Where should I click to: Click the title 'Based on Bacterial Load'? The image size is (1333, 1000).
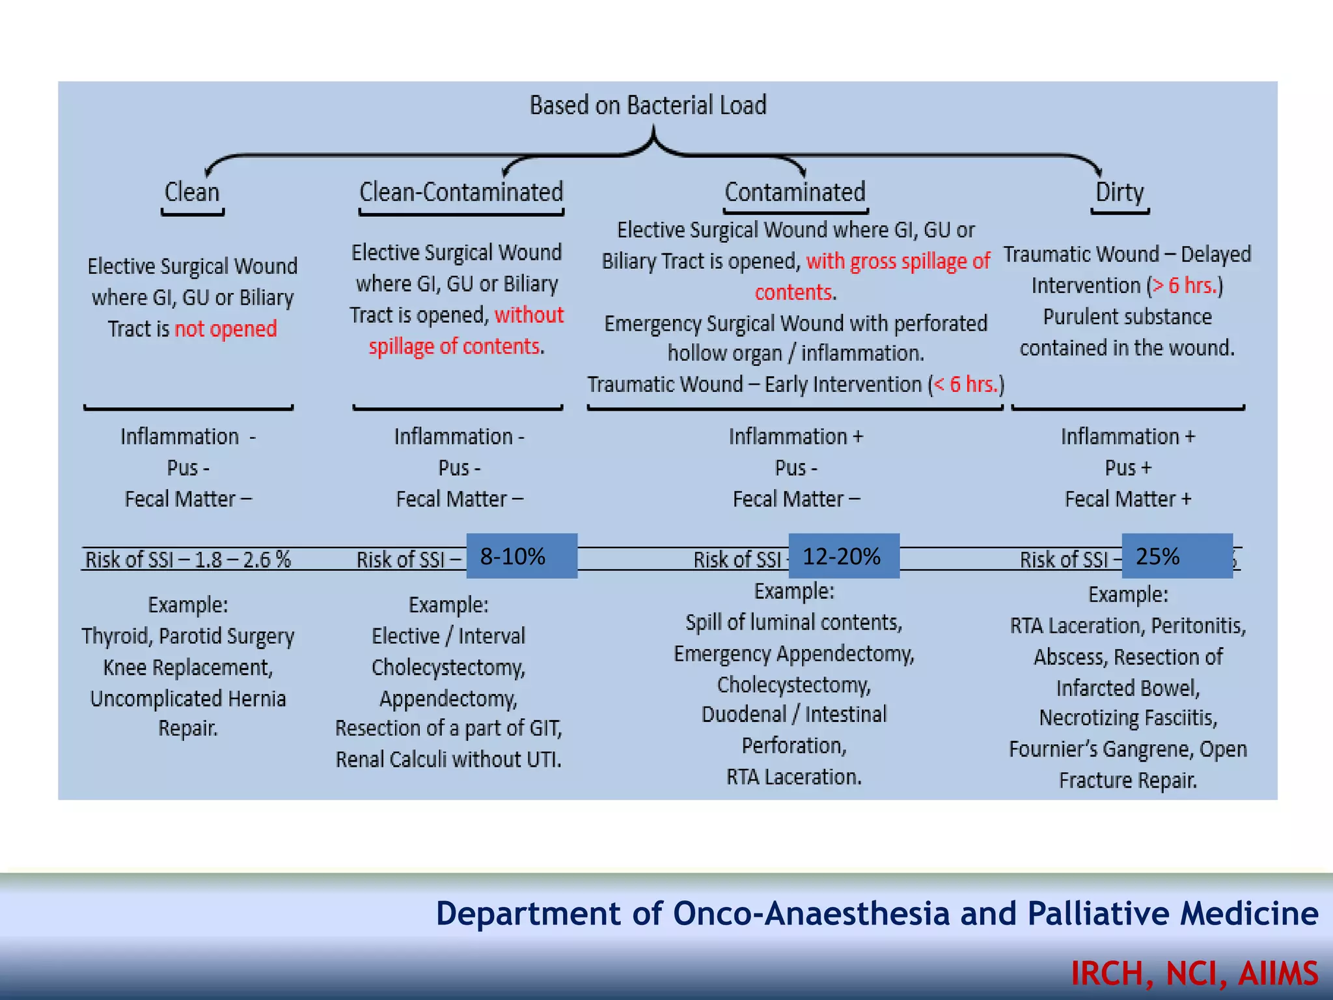(x=648, y=105)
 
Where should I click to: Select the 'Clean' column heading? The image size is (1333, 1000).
(x=192, y=192)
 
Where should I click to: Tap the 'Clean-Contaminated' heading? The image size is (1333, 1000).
(x=461, y=192)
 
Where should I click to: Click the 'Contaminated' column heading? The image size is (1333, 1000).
(x=795, y=192)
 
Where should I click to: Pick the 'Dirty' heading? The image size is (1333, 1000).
(x=1120, y=192)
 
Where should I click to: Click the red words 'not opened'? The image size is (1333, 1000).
(x=226, y=329)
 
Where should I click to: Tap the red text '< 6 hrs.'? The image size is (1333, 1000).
(x=966, y=384)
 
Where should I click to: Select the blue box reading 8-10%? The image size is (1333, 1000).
(x=521, y=556)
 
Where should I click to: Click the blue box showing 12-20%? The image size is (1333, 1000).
(x=844, y=556)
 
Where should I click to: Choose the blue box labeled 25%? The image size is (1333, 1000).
(x=1177, y=556)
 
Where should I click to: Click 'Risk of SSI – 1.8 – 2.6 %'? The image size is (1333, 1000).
(x=188, y=559)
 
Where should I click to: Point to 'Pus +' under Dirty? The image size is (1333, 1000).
(x=1128, y=467)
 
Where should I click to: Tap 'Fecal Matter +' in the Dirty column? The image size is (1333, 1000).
(x=1128, y=499)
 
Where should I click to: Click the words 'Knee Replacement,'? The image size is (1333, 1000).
(x=188, y=667)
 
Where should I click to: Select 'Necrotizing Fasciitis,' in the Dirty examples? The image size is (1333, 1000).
(x=1128, y=717)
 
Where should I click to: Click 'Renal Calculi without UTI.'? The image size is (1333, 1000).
(x=448, y=759)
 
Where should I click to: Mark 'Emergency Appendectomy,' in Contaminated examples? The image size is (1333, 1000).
(x=794, y=653)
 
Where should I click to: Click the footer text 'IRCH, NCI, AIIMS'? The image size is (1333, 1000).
(x=1194, y=973)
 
